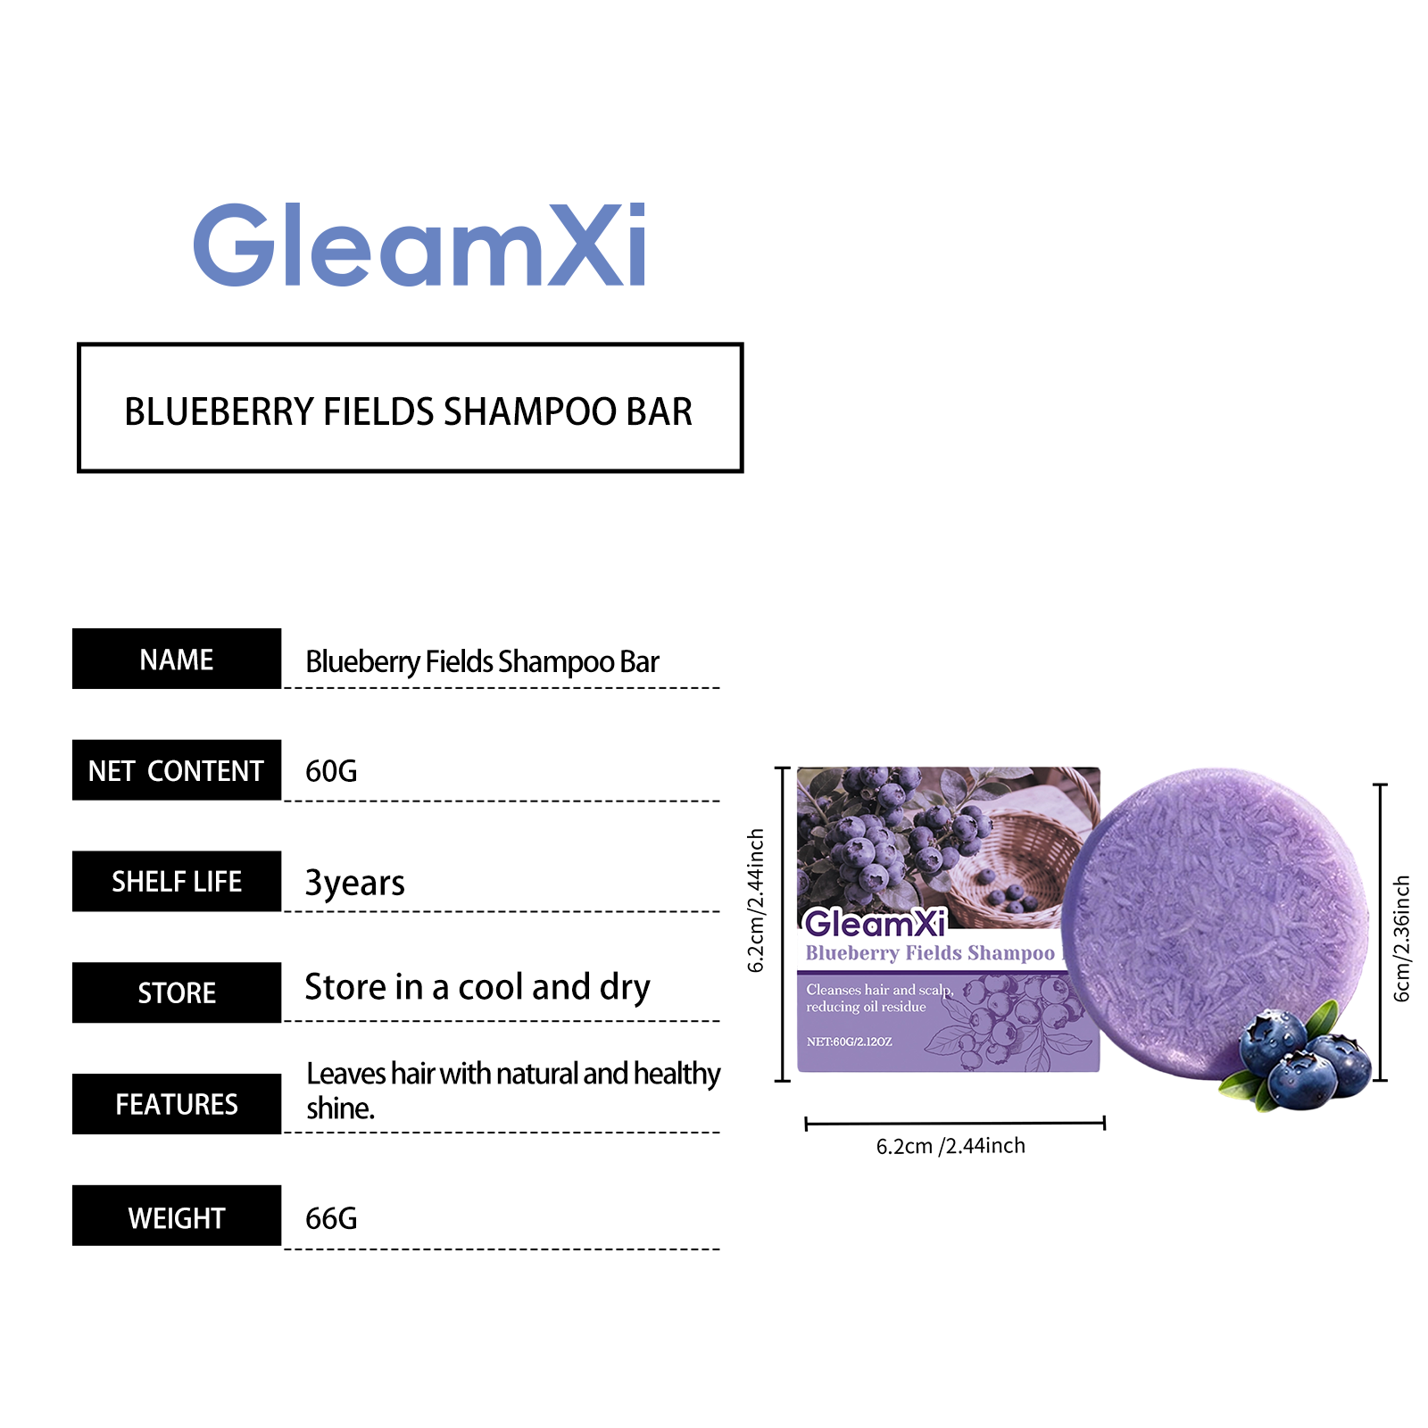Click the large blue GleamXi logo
(x=419, y=245)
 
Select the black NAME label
(x=177, y=659)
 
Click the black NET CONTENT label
(x=177, y=770)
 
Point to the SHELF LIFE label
(x=177, y=882)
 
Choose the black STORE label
(x=177, y=992)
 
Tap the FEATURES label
(x=177, y=1104)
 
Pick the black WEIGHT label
(x=177, y=1216)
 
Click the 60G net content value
(x=331, y=770)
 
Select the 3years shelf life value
(x=354, y=883)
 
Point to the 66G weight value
(x=331, y=1218)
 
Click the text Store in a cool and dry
(x=477, y=988)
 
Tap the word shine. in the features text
(x=340, y=1108)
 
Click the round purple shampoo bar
(x=1216, y=924)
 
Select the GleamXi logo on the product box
(x=875, y=923)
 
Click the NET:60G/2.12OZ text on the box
(x=849, y=1042)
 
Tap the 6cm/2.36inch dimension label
(x=1402, y=938)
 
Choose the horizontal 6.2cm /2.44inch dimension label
(x=951, y=1146)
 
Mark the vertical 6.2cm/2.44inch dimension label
(x=756, y=901)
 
